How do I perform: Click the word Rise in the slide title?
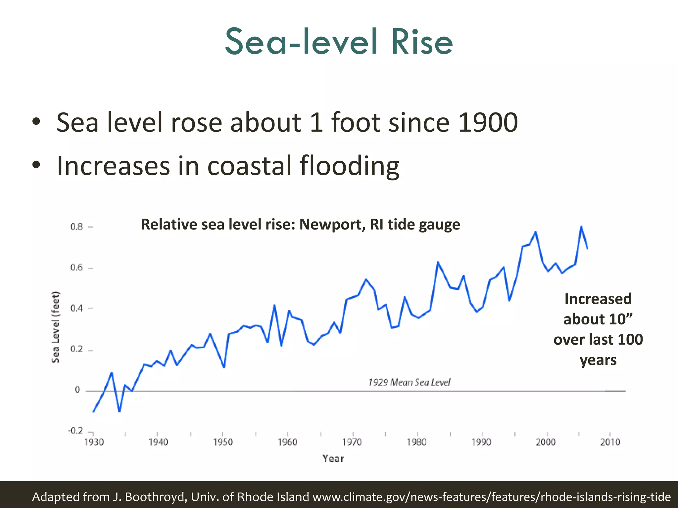tap(422, 42)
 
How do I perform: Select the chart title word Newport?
tap(332, 225)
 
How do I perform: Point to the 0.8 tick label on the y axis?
tap(76, 227)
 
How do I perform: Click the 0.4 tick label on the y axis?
tap(76, 309)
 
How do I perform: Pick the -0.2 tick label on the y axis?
tap(75, 431)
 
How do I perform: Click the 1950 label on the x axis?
tap(223, 442)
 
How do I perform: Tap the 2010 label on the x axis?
tap(610, 442)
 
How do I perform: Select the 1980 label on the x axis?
tap(416, 442)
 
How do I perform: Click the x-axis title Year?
tap(333, 459)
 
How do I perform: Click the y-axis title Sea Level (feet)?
tap(56, 327)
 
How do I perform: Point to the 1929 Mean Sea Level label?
tap(409, 383)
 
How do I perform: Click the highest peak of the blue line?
tap(581, 227)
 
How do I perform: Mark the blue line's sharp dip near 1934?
tap(119, 411)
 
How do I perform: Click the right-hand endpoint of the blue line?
tap(587, 248)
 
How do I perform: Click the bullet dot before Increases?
tap(36, 165)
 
